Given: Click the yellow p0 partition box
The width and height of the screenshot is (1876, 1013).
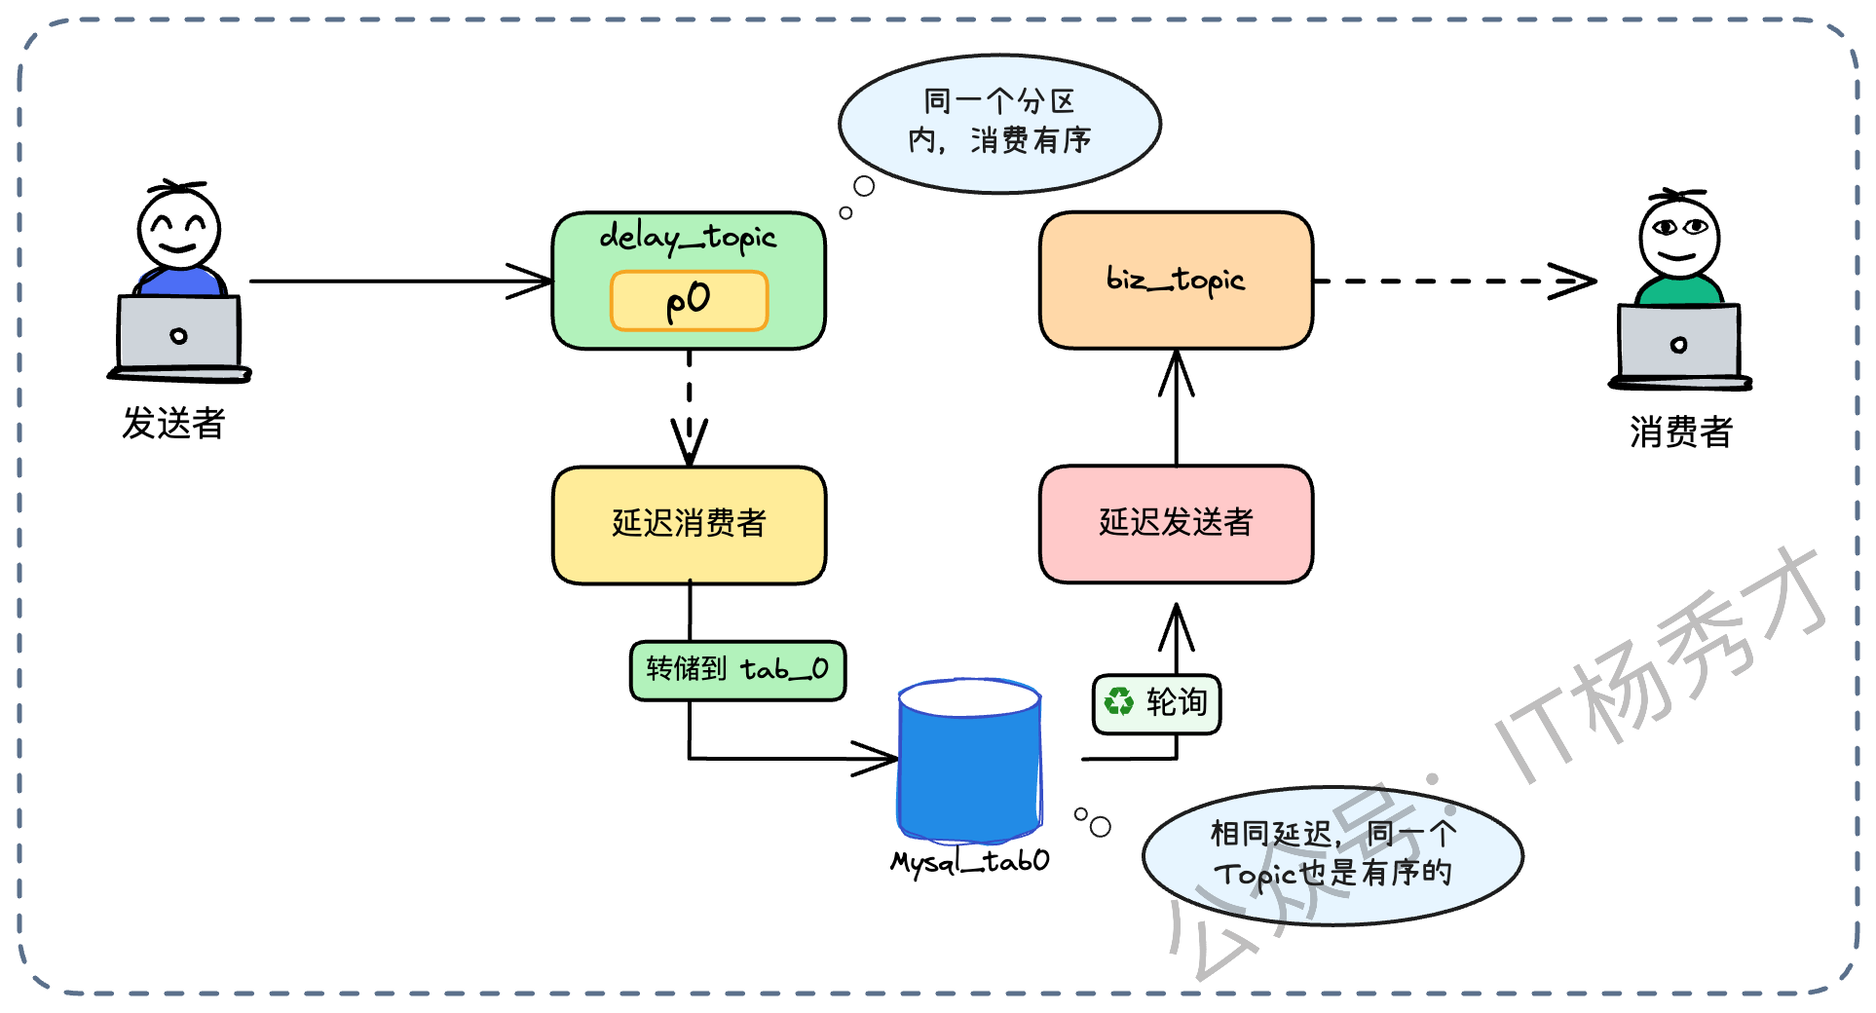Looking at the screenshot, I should click(689, 301).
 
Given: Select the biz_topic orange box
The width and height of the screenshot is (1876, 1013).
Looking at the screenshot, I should click(1176, 281).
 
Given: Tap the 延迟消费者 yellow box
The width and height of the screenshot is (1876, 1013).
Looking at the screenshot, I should click(689, 524).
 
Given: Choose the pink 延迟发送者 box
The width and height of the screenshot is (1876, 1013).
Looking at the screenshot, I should click(1176, 523).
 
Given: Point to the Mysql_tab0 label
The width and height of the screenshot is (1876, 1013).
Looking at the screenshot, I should click(969, 861).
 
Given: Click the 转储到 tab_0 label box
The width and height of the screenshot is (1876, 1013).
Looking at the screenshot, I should click(737, 670).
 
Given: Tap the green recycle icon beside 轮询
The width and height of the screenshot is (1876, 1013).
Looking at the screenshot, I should click(1119, 702).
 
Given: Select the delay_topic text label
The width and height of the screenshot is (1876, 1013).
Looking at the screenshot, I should click(688, 237).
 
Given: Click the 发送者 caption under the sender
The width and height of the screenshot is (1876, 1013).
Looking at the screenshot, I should click(173, 424).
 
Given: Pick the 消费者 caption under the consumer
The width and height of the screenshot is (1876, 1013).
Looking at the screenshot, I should click(1680, 431).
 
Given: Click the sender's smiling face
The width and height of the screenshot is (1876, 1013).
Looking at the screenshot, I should click(178, 229).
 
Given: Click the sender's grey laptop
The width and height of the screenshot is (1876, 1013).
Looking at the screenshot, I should click(178, 336).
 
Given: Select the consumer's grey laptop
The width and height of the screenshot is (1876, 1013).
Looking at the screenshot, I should click(1678, 345).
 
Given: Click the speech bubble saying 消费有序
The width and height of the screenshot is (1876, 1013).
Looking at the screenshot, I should click(999, 123).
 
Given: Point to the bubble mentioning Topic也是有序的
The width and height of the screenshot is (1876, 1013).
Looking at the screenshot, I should click(1332, 854).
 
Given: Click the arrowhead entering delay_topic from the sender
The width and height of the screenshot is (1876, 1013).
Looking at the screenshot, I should click(532, 281).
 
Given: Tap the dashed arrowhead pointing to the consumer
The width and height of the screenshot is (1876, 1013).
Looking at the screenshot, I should click(1574, 281).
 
